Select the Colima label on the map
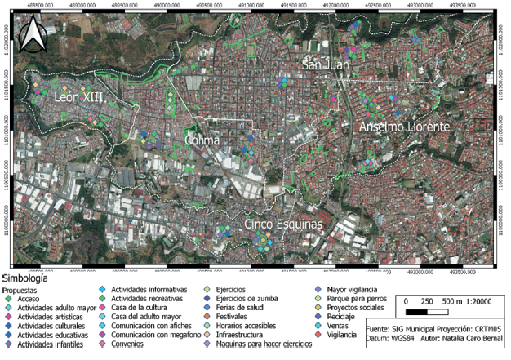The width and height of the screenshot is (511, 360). [x=202, y=140]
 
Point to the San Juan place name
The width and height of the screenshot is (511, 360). [x=325, y=64]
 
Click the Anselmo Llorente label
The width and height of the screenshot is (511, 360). [x=404, y=128]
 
